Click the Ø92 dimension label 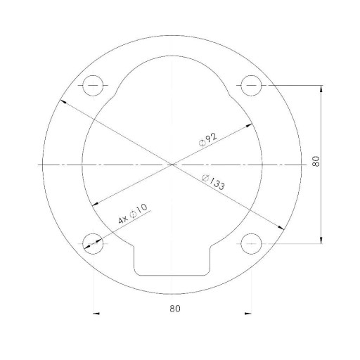(x=208, y=139)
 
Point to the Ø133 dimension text (x=213, y=182)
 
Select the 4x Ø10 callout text (x=133, y=213)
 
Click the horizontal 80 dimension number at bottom (x=175, y=309)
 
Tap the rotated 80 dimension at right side (x=316, y=161)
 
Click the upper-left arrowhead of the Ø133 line (x=63, y=101)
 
